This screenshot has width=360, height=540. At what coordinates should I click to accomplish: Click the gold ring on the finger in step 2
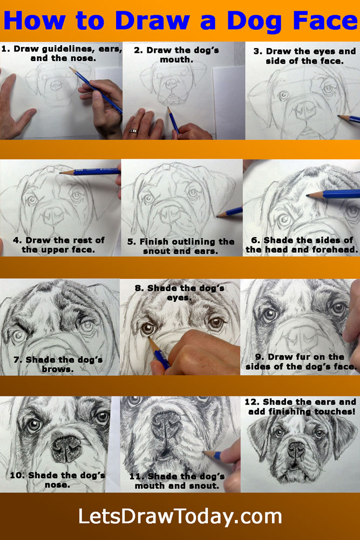[x=133, y=131]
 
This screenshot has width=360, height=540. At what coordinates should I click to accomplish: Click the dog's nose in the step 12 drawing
[x=296, y=448]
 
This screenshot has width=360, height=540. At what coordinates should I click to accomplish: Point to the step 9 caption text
[x=301, y=362]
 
